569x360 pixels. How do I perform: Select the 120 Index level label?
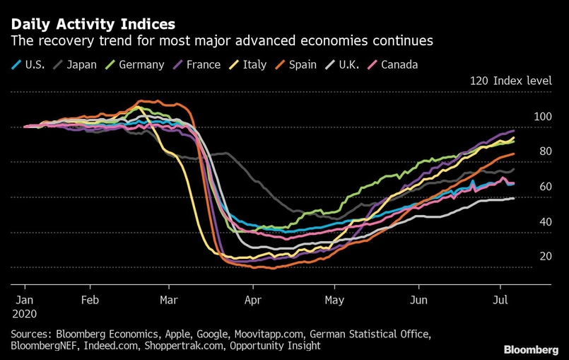(511, 81)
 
